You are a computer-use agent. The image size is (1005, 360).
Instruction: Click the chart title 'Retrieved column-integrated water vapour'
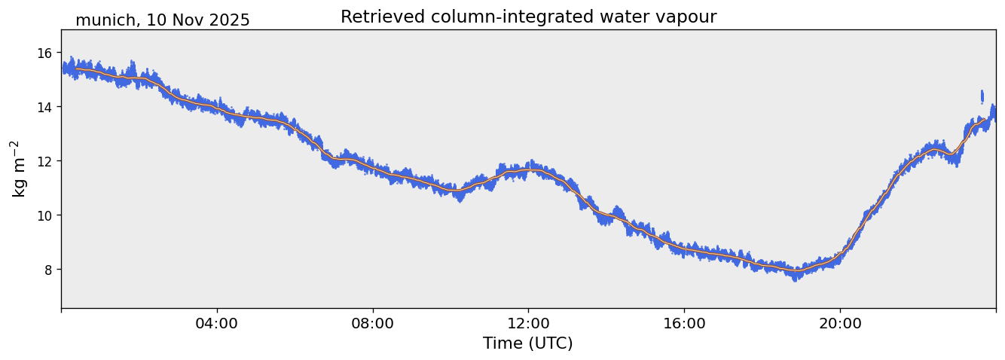(x=528, y=17)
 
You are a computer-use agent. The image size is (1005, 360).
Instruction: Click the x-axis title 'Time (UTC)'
(x=527, y=343)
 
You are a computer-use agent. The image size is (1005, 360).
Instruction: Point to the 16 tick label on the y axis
(x=44, y=53)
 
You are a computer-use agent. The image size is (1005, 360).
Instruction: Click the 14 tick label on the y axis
(x=44, y=107)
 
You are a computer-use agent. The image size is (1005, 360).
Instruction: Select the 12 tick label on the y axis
(x=44, y=161)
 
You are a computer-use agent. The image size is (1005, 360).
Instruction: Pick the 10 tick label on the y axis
(x=44, y=215)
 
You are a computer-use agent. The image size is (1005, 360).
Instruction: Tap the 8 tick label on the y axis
(x=47, y=270)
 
